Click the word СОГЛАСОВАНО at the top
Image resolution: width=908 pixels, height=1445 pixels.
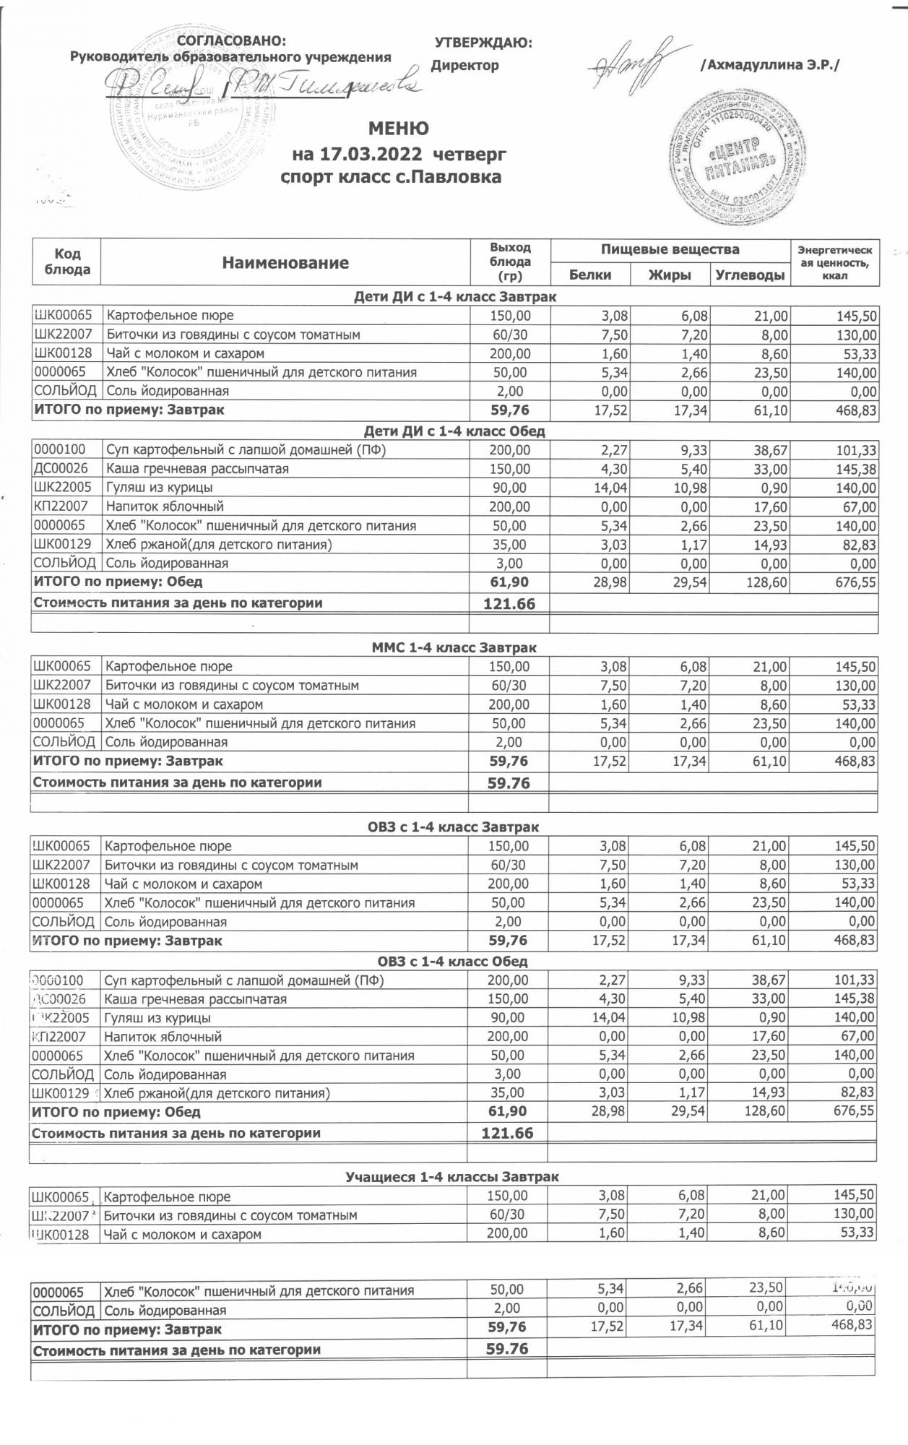[231, 41]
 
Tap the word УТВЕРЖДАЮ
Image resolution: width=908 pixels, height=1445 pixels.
[483, 43]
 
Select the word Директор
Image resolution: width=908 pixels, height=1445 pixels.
[465, 66]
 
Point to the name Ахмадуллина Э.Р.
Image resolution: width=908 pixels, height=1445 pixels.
[770, 65]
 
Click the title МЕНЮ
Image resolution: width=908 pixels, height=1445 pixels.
[398, 129]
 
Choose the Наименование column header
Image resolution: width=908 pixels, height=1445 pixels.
[285, 263]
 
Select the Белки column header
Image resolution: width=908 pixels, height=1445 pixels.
[590, 275]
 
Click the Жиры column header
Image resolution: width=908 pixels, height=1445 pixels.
[670, 275]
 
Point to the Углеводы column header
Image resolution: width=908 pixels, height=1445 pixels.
[751, 275]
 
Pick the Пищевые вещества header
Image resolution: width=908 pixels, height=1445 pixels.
[670, 250]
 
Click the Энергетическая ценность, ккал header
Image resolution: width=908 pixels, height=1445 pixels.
[834, 263]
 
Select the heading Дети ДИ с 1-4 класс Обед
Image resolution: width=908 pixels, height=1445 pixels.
[454, 431]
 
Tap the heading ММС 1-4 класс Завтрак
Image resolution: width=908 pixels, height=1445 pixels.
[454, 647]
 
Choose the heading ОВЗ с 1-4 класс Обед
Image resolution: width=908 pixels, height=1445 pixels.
[453, 962]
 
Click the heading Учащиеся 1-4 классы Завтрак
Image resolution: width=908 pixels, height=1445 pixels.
[452, 1177]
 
